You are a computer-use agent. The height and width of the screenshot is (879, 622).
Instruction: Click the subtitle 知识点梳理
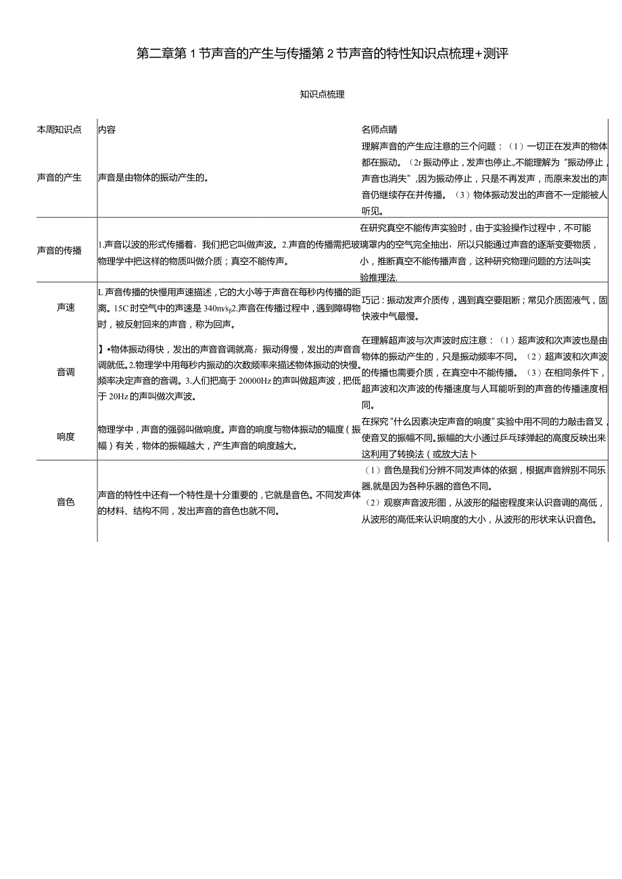(x=322, y=95)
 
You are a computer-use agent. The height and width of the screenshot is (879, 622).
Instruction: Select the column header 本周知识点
(x=59, y=130)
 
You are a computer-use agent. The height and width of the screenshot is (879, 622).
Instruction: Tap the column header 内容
(x=107, y=130)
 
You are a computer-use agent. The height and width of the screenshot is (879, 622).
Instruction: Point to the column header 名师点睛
(x=379, y=130)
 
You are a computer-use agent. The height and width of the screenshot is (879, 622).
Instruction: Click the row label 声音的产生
(x=59, y=178)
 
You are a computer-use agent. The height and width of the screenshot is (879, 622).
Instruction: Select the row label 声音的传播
(x=59, y=251)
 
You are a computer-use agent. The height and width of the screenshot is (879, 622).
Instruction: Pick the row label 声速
(x=66, y=307)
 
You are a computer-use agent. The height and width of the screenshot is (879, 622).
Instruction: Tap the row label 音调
(x=66, y=372)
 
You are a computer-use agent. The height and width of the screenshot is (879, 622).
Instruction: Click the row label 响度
(x=66, y=436)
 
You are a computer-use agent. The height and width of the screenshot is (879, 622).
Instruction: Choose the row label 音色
(x=66, y=502)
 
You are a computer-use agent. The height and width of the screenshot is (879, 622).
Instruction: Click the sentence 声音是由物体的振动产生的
(x=152, y=178)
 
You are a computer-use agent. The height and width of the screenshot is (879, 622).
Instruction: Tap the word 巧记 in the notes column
(x=371, y=301)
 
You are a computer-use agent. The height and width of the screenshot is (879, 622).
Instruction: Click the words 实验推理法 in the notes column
(x=379, y=278)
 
